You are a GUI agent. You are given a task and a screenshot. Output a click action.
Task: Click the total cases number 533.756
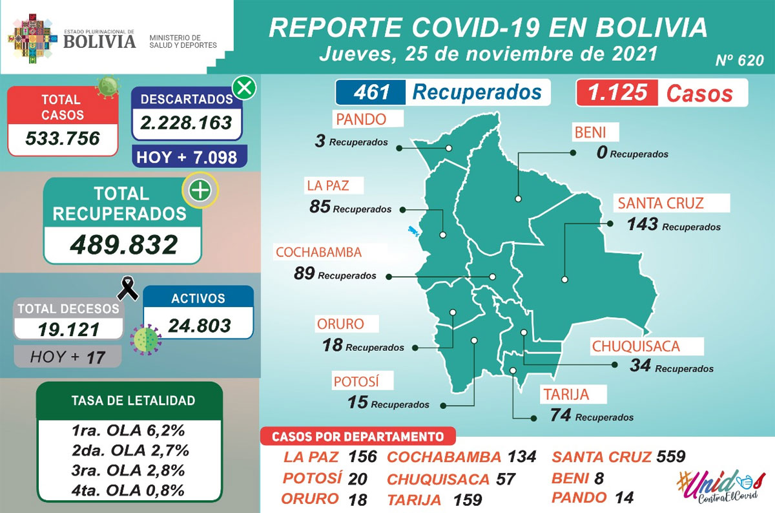[x=63, y=138]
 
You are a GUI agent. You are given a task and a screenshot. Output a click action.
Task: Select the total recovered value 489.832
[x=123, y=245]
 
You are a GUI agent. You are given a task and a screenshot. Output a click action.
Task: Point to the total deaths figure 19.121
[x=68, y=330]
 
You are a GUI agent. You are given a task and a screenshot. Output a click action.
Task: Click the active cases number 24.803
[x=198, y=325]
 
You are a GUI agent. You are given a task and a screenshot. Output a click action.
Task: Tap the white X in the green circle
[x=243, y=88]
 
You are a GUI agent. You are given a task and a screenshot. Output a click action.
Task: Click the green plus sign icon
[x=200, y=191]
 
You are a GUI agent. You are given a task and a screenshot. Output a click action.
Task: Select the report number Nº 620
[x=739, y=61]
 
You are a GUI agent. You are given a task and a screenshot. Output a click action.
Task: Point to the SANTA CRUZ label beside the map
[x=660, y=204]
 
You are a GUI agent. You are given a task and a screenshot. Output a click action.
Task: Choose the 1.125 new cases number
[x=613, y=92]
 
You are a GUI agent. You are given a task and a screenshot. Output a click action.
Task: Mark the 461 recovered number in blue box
[x=372, y=92]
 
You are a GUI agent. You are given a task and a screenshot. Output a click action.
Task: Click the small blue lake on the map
[x=412, y=229]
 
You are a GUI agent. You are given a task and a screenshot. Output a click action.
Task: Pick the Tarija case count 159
[x=468, y=499]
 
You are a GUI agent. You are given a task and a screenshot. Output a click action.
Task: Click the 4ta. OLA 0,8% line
[x=130, y=490]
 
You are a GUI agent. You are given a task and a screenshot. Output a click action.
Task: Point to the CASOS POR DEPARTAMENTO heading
[x=357, y=436]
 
